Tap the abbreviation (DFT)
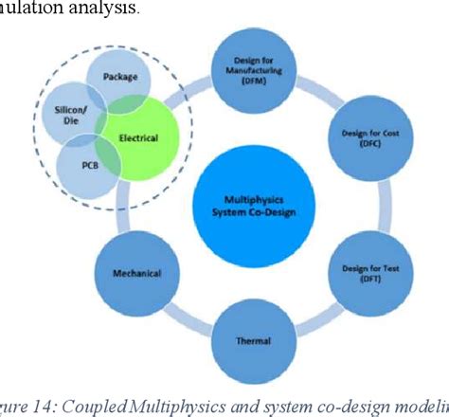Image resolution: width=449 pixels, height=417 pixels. (x=365, y=279)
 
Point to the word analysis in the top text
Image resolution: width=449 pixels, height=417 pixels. (x=107, y=9)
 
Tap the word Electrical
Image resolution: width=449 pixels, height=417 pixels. (x=138, y=138)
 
